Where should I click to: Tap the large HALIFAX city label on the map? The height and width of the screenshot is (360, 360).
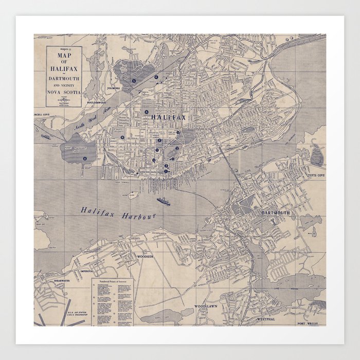[x=168, y=118]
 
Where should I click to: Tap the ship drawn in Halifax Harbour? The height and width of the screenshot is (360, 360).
[x=163, y=201]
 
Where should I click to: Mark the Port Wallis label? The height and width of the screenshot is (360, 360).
[x=310, y=323]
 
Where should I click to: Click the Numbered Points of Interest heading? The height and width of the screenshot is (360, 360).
[x=112, y=282]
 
